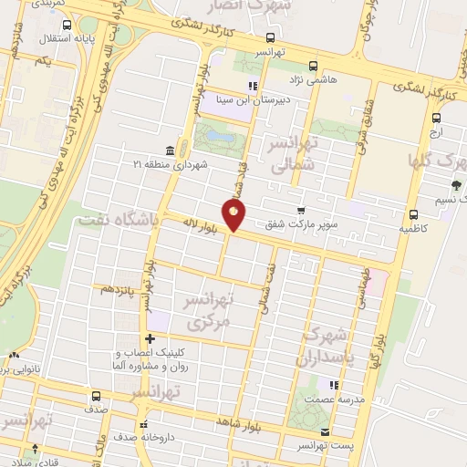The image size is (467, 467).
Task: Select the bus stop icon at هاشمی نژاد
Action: pos(313,66)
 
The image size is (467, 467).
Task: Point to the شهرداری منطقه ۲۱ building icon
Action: pos(170,150)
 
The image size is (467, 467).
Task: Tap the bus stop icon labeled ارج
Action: pos(436,118)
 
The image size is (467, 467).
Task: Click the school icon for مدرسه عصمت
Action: pos(334,385)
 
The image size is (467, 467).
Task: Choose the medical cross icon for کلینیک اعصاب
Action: pos(163,338)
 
